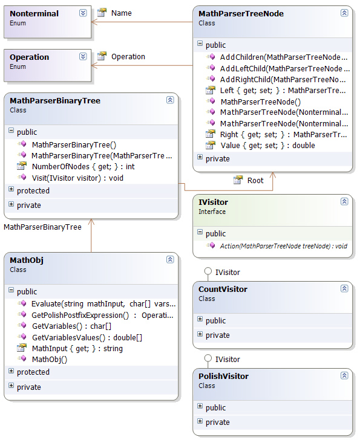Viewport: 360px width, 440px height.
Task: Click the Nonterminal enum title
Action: (34, 13)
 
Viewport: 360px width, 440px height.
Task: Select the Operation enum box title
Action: (29, 57)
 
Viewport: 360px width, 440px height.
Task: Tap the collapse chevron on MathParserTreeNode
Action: (344, 13)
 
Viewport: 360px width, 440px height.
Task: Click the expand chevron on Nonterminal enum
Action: (83, 13)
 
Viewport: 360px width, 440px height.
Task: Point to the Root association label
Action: (255, 181)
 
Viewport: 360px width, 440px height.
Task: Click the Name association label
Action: (121, 13)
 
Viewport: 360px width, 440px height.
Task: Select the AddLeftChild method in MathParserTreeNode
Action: (285, 68)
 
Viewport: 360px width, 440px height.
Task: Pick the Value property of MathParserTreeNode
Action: (267, 145)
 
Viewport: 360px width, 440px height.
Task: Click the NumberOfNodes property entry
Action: (83, 166)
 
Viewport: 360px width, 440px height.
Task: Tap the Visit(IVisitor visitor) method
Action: (77, 178)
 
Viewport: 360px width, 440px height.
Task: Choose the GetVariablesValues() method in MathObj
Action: (87, 337)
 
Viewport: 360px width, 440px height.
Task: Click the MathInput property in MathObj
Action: (77, 349)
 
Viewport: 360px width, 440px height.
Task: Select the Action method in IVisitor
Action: (284, 246)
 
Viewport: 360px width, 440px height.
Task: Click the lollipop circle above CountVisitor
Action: (208, 271)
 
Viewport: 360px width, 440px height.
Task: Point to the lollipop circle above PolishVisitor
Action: (208, 358)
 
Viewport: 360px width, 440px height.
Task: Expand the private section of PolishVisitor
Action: (200, 421)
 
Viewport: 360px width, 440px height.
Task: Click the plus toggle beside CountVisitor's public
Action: (200, 319)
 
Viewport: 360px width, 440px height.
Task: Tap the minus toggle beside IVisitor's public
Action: (200, 232)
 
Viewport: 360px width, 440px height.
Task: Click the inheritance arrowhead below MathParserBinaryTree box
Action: (91, 222)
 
